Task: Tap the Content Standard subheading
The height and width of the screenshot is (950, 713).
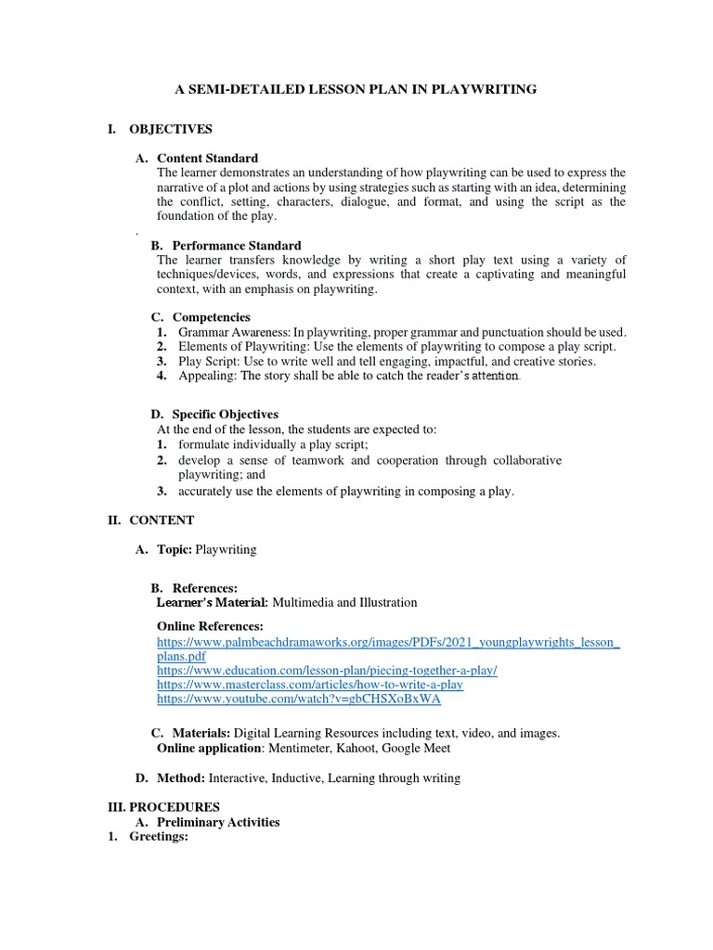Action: click(x=207, y=158)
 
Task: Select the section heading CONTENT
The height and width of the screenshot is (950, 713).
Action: click(x=162, y=520)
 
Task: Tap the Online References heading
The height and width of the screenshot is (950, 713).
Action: click(x=210, y=626)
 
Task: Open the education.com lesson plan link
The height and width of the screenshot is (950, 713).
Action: click(x=327, y=670)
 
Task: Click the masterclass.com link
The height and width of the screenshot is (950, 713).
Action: click(x=310, y=684)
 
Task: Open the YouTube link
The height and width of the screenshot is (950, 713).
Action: click(x=298, y=698)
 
